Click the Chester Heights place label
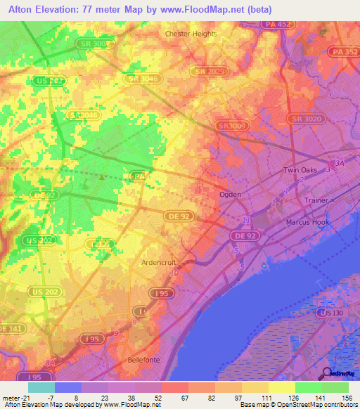pyautogui.click(x=191, y=33)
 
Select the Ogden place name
pyautogui.click(x=230, y=194)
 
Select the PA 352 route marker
pyautogui.click(x=344, y=52)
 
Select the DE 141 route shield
pyautogui.click(x=11, y=328)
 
